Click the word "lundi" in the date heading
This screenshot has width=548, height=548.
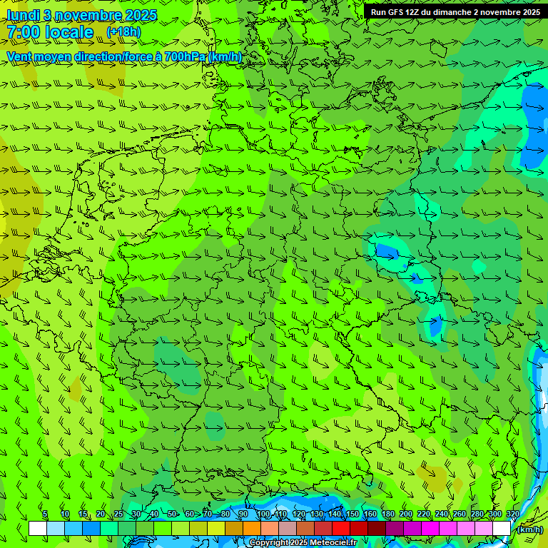pyautogui.click(x=24, y=15)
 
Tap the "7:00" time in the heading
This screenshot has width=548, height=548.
pyautogui.click(x=23, y=32)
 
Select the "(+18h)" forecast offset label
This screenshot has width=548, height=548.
pyautogui.click(x=123, y=32)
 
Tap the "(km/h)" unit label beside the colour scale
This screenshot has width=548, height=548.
pyautogui.click(x=529, y=529)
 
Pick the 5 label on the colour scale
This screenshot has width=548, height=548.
pyautogui.click(x=45, y=514)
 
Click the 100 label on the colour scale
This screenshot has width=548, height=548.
pyautogui.click(x=263, y=514)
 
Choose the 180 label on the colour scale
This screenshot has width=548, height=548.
pyautogui.click(x=388, y=514)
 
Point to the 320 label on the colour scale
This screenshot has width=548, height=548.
pyautogui.click(x=512, y=514)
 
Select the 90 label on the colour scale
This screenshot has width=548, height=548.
pyautogui.click(x=243, y=514)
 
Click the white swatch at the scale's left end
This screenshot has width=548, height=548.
pyautogui.click(x=38, y=528)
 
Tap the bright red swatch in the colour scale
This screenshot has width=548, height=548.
pyautogui.click(x=341, y=528)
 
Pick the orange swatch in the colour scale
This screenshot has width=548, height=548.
pyautogui.click(x=252, y=528)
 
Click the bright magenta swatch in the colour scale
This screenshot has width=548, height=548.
pyautogui.click(x=430, y=528)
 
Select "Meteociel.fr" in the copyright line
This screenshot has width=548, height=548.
pyautogui.click(x=334, y=543)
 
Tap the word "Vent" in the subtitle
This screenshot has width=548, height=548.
pyautogui.click(x=20, y=56)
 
